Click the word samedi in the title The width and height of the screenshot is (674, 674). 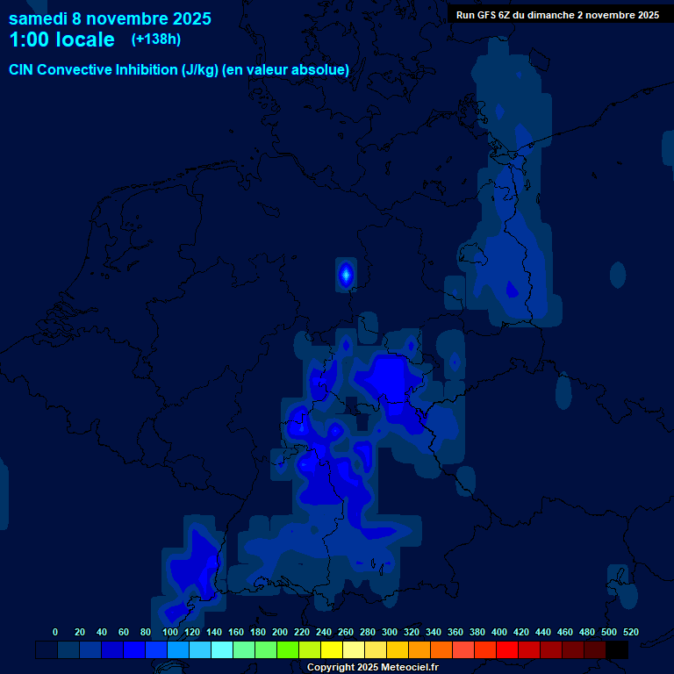coord(37,18)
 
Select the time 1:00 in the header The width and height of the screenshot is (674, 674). coord(27,39)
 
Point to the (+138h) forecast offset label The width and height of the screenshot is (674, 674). coord(156,39)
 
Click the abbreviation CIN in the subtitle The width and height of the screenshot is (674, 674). coord(22,69)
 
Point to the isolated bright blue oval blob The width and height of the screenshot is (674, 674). coord(346,275)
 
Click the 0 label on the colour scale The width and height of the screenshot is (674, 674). coord(55,632)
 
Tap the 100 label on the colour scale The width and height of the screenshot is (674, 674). coord(170,632)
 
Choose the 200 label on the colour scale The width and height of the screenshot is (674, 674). coord(280,632)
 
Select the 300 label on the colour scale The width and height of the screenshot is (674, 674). coord(390,632)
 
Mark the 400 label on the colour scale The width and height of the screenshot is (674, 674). coord(499,632)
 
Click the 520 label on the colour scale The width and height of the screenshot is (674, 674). coord(630,632)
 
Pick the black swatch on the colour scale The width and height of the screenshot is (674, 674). coord(617,650)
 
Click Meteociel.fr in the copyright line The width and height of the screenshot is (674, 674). coord(404,668)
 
